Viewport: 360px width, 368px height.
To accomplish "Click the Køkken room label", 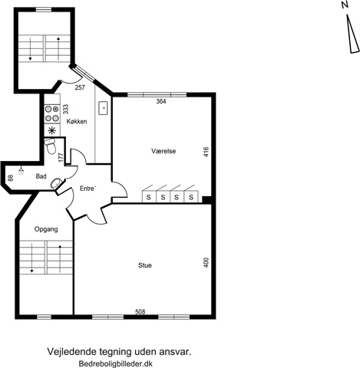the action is coord(77,121).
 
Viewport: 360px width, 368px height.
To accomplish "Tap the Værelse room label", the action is coord(163,151).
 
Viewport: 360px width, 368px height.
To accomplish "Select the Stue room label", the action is coord(145,265).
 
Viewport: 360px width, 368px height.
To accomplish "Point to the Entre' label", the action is coord(88,189).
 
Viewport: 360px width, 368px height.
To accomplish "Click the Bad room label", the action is coord(41,176).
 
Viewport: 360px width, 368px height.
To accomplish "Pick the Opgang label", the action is coord(46,229).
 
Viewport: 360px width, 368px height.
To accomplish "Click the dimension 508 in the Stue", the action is coord(140,312).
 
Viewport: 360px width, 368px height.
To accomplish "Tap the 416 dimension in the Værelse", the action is coord(206,152).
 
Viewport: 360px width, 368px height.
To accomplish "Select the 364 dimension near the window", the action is coord(161,101).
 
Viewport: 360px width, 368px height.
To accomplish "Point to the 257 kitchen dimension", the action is coord(80,87).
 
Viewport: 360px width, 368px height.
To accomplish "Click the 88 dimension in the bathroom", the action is coord(10,178).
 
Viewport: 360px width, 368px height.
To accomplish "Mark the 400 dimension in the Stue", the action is coord(206,262).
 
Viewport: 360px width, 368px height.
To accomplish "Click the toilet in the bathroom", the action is coord(50,146).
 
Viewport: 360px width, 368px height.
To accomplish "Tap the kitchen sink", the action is coord(104,108).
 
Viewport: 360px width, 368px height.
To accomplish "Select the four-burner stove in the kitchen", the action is coord(51,114).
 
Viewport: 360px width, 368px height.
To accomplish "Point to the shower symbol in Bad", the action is coord(21,171).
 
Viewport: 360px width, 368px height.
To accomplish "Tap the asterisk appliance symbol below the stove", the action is coord(52,130).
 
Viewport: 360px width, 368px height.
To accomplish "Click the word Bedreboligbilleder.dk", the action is coord(116,363).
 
